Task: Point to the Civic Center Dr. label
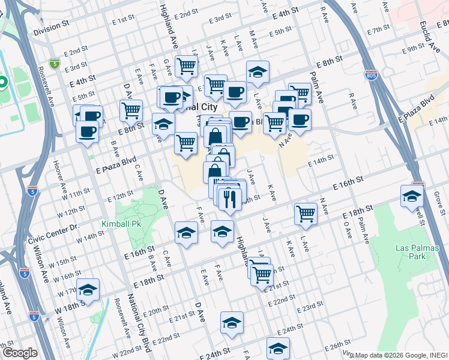[53, 227]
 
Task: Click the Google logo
[20, 353]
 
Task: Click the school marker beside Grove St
[412, 197]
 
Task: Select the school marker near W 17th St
[88, 292]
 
